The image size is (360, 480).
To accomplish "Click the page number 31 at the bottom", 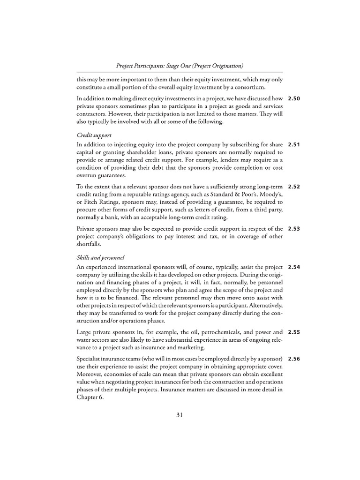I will tap(180, 414).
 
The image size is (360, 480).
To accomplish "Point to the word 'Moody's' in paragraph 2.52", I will tap(270, 195).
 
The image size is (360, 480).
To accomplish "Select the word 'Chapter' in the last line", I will tap(88, 396).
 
